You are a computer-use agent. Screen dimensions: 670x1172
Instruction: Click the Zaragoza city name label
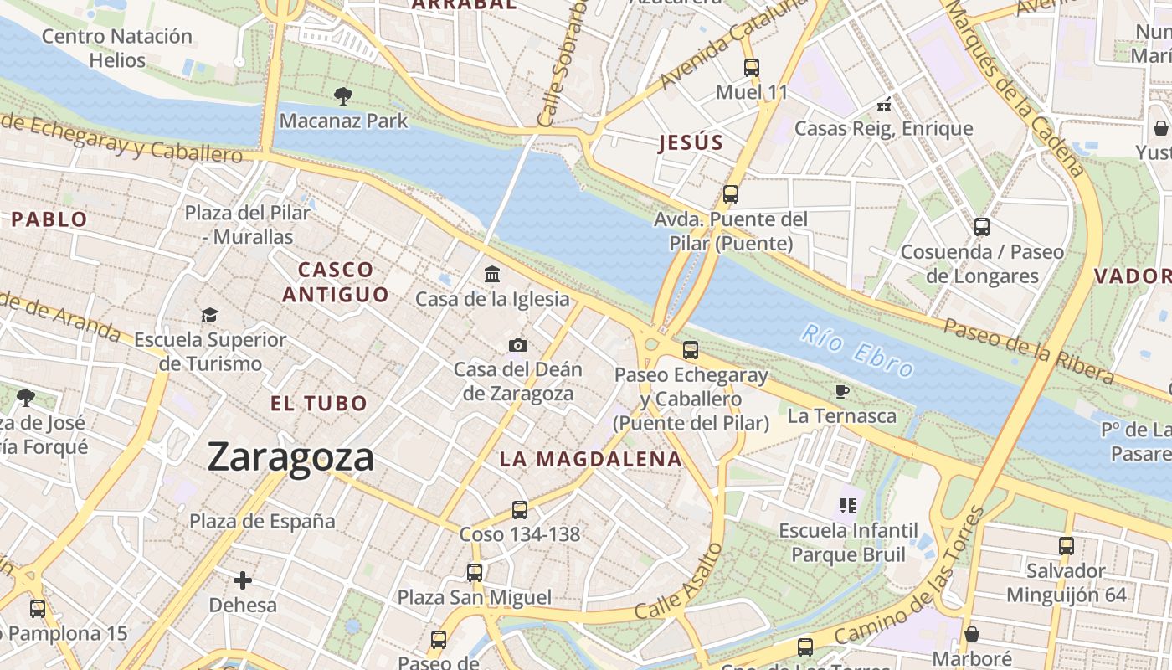290,457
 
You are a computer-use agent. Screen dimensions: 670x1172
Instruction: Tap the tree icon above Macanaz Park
342,95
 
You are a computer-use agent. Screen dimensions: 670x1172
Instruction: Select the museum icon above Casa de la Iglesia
492,274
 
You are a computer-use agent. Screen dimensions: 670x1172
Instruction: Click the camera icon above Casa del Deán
518,345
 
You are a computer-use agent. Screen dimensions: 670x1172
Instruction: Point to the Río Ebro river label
856,350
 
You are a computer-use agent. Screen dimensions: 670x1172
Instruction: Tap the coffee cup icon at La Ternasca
841,391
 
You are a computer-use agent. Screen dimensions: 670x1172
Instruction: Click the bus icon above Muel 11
752,68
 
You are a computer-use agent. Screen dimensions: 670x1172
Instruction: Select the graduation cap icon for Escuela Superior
209,315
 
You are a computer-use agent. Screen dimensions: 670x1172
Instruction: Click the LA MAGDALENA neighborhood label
591,459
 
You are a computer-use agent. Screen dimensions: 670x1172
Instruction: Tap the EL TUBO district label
319,403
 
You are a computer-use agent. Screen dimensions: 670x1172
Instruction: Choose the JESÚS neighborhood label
691,142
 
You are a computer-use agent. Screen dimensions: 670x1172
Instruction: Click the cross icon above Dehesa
243,580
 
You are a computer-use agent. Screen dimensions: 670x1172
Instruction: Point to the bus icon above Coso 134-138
520,509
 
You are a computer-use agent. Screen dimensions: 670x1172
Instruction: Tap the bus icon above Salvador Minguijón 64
1067,546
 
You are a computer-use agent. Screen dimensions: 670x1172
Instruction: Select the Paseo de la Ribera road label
1029,350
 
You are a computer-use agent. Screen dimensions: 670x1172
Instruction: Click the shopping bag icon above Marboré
972,634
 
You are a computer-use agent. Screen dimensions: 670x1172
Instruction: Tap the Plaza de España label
262,521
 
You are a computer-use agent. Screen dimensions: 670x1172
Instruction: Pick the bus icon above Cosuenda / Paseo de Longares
982,227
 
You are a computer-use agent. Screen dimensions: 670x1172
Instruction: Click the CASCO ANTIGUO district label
336,282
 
